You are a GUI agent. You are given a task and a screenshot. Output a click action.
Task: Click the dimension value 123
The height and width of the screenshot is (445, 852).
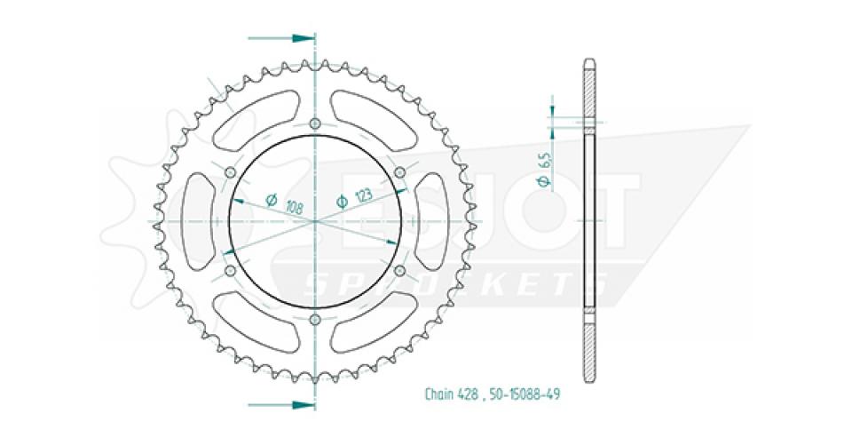364,195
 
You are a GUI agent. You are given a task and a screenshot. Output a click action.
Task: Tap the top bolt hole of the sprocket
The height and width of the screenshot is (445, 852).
314,123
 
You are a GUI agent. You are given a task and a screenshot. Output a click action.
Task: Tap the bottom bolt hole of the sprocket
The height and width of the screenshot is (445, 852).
314,320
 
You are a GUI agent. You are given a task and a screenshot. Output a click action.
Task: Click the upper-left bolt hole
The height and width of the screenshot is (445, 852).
230,172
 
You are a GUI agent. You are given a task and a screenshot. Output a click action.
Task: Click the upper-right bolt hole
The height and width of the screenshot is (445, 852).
400,172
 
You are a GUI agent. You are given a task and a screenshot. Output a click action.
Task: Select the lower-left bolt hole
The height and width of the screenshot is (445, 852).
230,270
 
